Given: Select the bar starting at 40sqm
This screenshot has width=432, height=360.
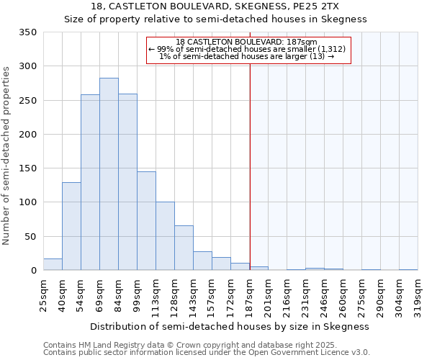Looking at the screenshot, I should click(x=71, y=226).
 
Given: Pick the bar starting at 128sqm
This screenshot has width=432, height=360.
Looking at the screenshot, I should click(x=184, y=248).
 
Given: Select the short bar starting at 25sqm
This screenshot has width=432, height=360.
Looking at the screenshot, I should click(x=53, y=264).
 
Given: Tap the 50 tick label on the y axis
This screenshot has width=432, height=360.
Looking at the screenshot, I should click(x=31, y=236).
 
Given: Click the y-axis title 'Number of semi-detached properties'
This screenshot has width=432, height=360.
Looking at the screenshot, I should click(x=6, y=155).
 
